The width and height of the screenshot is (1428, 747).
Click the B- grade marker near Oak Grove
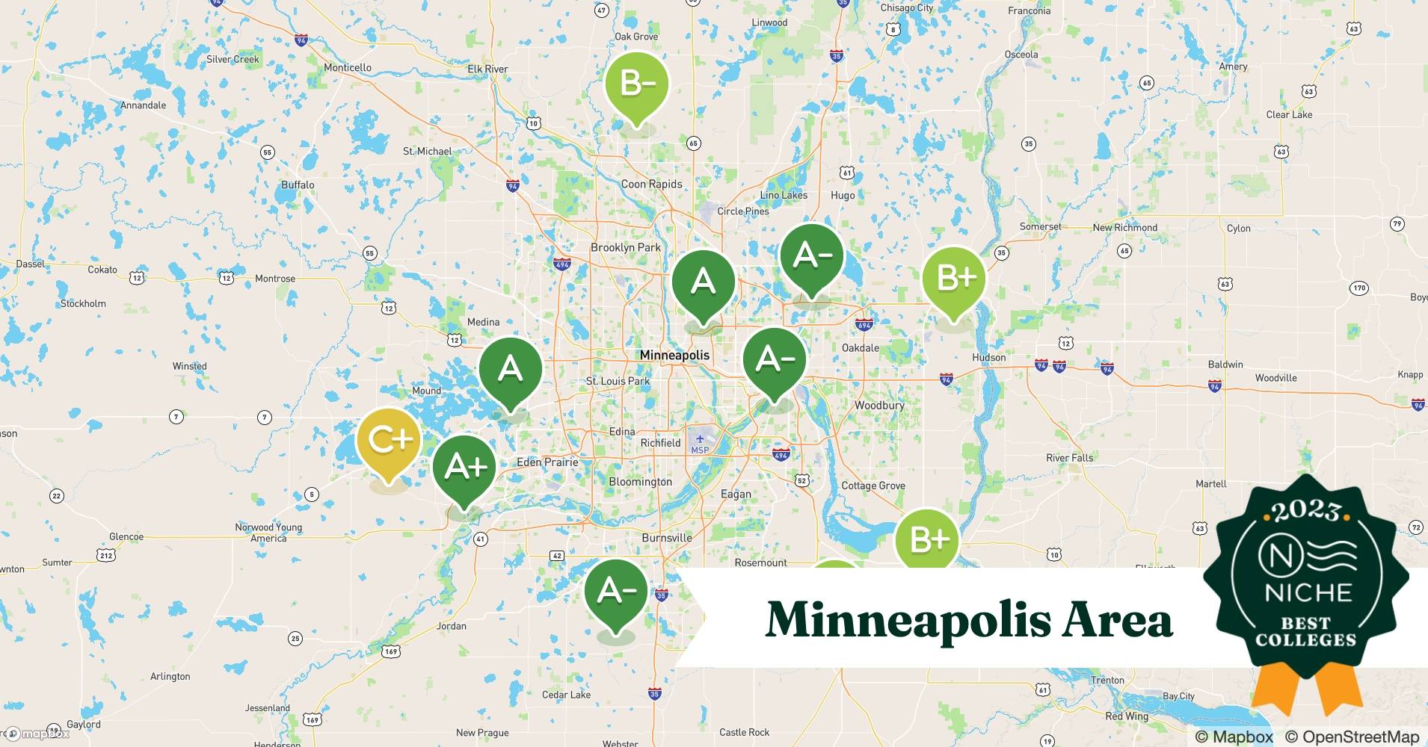[x=636, y=84]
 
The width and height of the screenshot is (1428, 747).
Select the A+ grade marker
[x=465, y=468]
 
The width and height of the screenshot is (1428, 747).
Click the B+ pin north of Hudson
[x=954, y=279]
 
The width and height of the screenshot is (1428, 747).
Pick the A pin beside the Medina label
[x=510, y=369]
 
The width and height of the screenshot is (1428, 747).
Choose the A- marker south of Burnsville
[x=616, y=592]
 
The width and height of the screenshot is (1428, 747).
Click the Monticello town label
[x=348, y=67]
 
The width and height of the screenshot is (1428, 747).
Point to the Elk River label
[x=487, y=69]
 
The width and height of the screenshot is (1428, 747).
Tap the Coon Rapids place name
[x=651, y=184]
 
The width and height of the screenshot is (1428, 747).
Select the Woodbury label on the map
[x=879, y=405]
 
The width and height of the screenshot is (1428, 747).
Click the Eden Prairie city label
[x=547, y=462]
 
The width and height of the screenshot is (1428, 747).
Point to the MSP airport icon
[x=700, y=438]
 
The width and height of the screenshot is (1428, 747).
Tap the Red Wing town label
[x=1126, y=716]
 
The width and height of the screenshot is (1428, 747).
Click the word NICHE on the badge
[x=1308, y=592]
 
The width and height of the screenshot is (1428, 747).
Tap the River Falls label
[x=1069, y=458]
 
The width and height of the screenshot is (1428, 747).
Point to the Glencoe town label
[x=126, y=536]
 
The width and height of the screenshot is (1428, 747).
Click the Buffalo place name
[x=298, y=185]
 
